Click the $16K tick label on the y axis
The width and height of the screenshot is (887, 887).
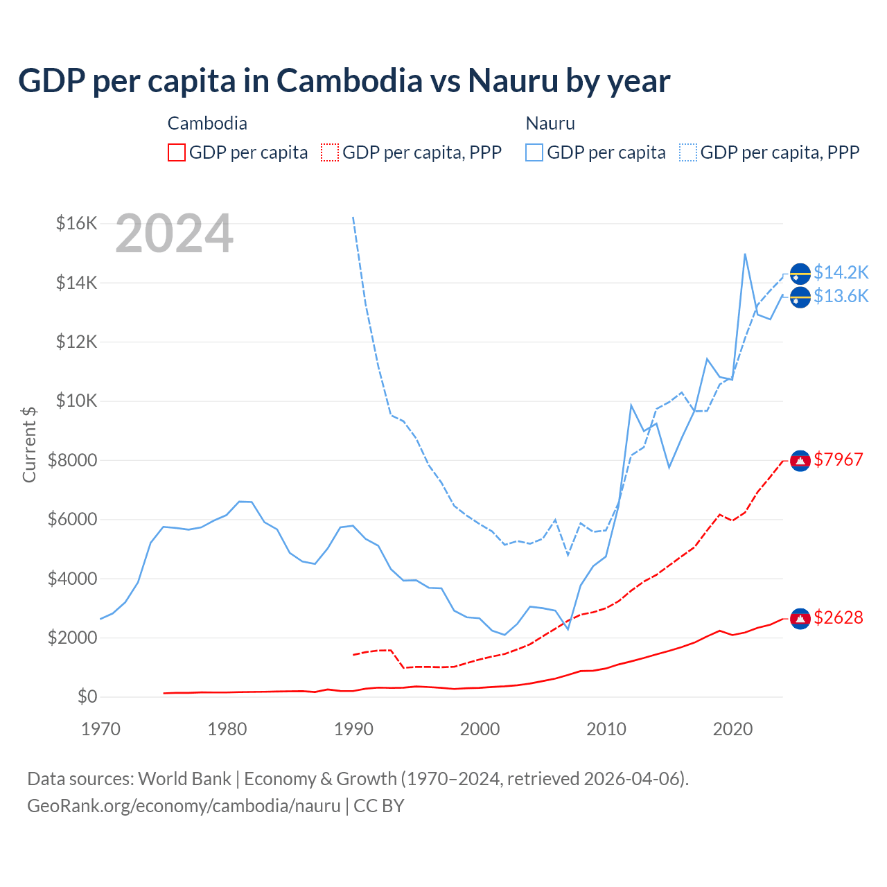click(x=77, y=223)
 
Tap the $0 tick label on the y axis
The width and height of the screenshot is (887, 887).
click(x=87, y=696)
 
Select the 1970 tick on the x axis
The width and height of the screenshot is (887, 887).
click(x=100, y=729)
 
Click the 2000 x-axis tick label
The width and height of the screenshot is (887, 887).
click(x=480, y=729)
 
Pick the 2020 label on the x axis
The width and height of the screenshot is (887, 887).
click(x=732, y=729)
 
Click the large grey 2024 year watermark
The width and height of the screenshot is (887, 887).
click(x=174, y=234)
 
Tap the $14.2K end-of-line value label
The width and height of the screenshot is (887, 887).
click(x=841, y=272)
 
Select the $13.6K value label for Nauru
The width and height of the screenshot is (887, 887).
click(x=841, y=296)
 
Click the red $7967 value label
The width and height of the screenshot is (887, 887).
click(x=838, y=459)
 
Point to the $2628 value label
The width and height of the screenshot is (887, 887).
click(x=838, y=617)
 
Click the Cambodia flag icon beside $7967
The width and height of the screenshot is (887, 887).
click(x=800, y=461)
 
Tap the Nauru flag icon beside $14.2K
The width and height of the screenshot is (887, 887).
click(x=800, y=274)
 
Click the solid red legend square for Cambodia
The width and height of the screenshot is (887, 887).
click(x=177, y=152)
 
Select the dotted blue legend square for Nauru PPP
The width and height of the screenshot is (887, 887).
click(x=688, y=152)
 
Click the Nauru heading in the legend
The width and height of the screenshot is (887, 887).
click(x=550, y=123)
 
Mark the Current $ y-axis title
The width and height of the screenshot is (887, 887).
click(x=29, y=444)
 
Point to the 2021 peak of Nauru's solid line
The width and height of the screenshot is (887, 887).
click(x=745, y=254)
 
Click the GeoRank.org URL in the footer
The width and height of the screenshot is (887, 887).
click(x=184, y=806)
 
